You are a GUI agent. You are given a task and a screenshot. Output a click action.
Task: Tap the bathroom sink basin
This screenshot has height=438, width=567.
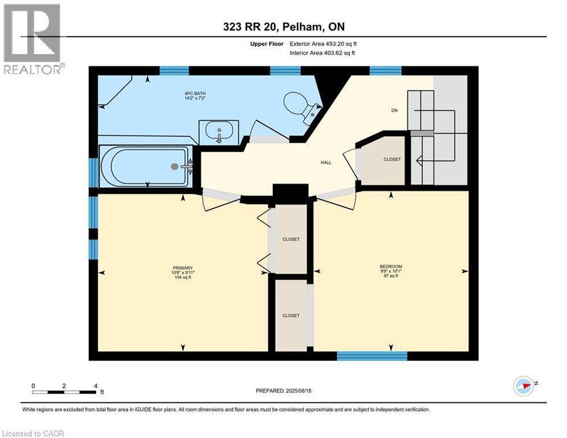[x=219, y=133]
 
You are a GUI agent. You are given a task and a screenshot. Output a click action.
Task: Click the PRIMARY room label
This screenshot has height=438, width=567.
[x=183, y=268]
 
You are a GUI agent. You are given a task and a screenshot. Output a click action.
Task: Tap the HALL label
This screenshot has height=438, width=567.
[x=326, y=163]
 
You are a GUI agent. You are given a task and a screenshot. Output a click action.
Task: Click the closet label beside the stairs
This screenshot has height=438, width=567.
[x=391, y=160]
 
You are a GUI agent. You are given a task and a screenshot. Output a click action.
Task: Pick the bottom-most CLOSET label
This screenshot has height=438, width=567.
[x=291, y=315]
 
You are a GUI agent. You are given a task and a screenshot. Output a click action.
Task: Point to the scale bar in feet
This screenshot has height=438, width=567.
[x=64, y=391]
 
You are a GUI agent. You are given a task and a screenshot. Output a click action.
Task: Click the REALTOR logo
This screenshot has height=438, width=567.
[x=33, y=39]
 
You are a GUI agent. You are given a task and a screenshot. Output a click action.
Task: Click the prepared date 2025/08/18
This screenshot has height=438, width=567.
[x=283, y=391]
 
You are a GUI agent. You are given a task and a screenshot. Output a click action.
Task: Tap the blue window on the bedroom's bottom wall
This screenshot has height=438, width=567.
[x=372, y=356]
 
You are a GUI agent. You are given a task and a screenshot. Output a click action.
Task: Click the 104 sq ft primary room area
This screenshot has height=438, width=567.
[x=183, y=278]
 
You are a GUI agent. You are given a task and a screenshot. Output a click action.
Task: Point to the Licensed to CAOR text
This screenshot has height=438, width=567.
[x=34, y=433]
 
